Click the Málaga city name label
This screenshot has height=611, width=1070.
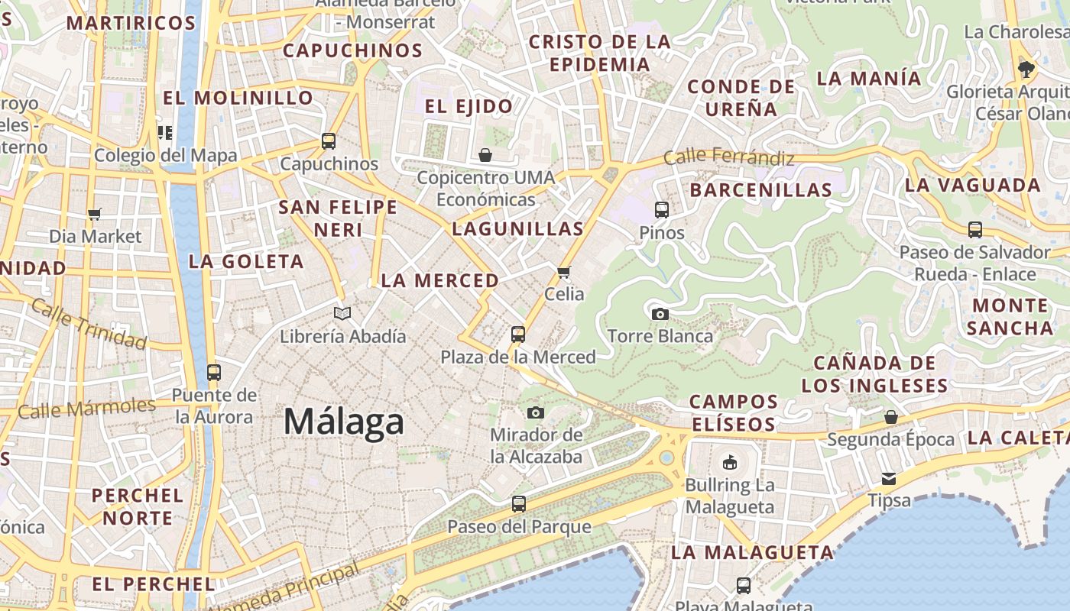(344, 422)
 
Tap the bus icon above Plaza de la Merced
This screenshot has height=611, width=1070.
(518, 334)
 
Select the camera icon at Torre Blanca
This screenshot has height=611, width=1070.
(660, 314)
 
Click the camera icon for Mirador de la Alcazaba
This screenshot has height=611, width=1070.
(536, 412)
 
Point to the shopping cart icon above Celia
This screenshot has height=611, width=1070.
(564, 272)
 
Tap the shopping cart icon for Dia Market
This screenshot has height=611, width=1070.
(95, 214)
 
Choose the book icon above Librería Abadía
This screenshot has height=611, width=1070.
(342, 313)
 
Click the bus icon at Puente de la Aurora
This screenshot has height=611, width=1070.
(214, 373)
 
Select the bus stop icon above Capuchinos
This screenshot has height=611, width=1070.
(329, 141)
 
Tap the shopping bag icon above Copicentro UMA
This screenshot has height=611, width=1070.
(485, 155)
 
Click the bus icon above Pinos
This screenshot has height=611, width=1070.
(662, 209)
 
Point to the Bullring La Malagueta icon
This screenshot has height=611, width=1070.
(730, 462)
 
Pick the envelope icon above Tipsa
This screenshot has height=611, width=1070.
(889, 479)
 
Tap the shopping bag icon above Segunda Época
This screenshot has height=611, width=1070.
(891, 417)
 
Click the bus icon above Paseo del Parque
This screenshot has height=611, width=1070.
(519, 504)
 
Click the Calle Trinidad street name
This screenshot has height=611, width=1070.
(89, 325)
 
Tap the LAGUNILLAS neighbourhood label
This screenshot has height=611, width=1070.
(517, 228)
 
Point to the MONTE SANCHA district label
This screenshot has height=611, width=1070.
(1010, 317)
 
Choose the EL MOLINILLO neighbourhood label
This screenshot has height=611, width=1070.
(238, 98)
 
